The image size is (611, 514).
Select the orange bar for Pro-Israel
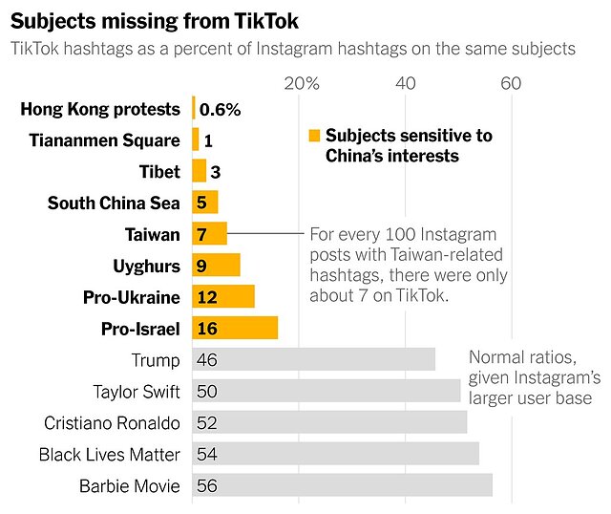coord(235,329)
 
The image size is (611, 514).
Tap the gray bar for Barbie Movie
coord(343,485)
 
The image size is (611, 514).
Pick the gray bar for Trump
coord(313,360)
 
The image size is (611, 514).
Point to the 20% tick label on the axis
coord(302,83)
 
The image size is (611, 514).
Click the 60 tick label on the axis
coord(512,83)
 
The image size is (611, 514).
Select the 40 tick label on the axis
coord(407,83)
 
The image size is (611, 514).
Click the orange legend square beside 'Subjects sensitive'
coord(313,136)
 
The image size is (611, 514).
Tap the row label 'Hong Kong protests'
coord(100,109)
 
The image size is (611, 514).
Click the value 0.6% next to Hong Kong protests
coord(220,109)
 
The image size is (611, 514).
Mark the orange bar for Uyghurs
coord(216,266)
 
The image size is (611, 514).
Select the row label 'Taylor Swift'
coord(136,392)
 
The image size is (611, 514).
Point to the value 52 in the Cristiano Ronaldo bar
coord(206,423)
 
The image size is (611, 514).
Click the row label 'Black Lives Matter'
coord(109,455)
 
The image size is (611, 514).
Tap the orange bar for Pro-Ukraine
coord(223,297)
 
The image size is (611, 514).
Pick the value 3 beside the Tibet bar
coord(216,172)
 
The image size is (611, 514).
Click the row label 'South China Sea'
coord(114,203)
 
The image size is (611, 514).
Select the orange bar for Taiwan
coord(209,234)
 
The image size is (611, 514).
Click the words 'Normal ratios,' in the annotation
coord(521,358)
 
